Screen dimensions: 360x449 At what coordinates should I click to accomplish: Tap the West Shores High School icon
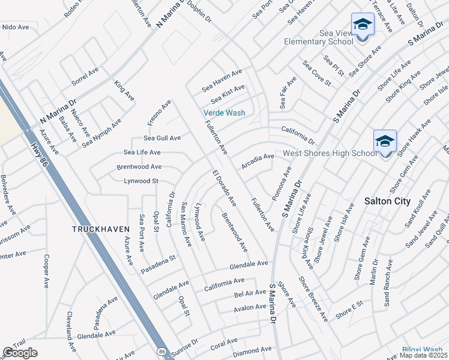pos(385,142)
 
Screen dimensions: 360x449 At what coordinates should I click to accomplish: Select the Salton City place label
pos(388,202)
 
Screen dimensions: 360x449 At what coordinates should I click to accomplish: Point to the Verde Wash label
pos(224,113)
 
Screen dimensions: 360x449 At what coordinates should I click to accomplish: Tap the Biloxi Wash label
pos(422,349)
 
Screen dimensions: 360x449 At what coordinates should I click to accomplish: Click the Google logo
pos(20,352)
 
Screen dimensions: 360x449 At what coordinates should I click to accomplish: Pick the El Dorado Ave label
pos(224,188)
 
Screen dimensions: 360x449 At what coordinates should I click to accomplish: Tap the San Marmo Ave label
pos(187,224)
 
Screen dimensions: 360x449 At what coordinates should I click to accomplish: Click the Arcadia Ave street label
pos(258,160)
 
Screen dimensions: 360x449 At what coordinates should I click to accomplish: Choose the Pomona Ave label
pos(282,184)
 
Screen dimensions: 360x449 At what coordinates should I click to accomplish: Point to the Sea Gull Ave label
pos(162,138)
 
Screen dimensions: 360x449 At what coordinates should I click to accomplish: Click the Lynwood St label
pos(140,181)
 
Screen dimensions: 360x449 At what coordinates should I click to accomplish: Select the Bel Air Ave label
pos(250,293)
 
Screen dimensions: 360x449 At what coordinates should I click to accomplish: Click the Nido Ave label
pos(16,27)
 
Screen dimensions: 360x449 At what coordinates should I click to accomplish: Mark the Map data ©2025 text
pos(423,355)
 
